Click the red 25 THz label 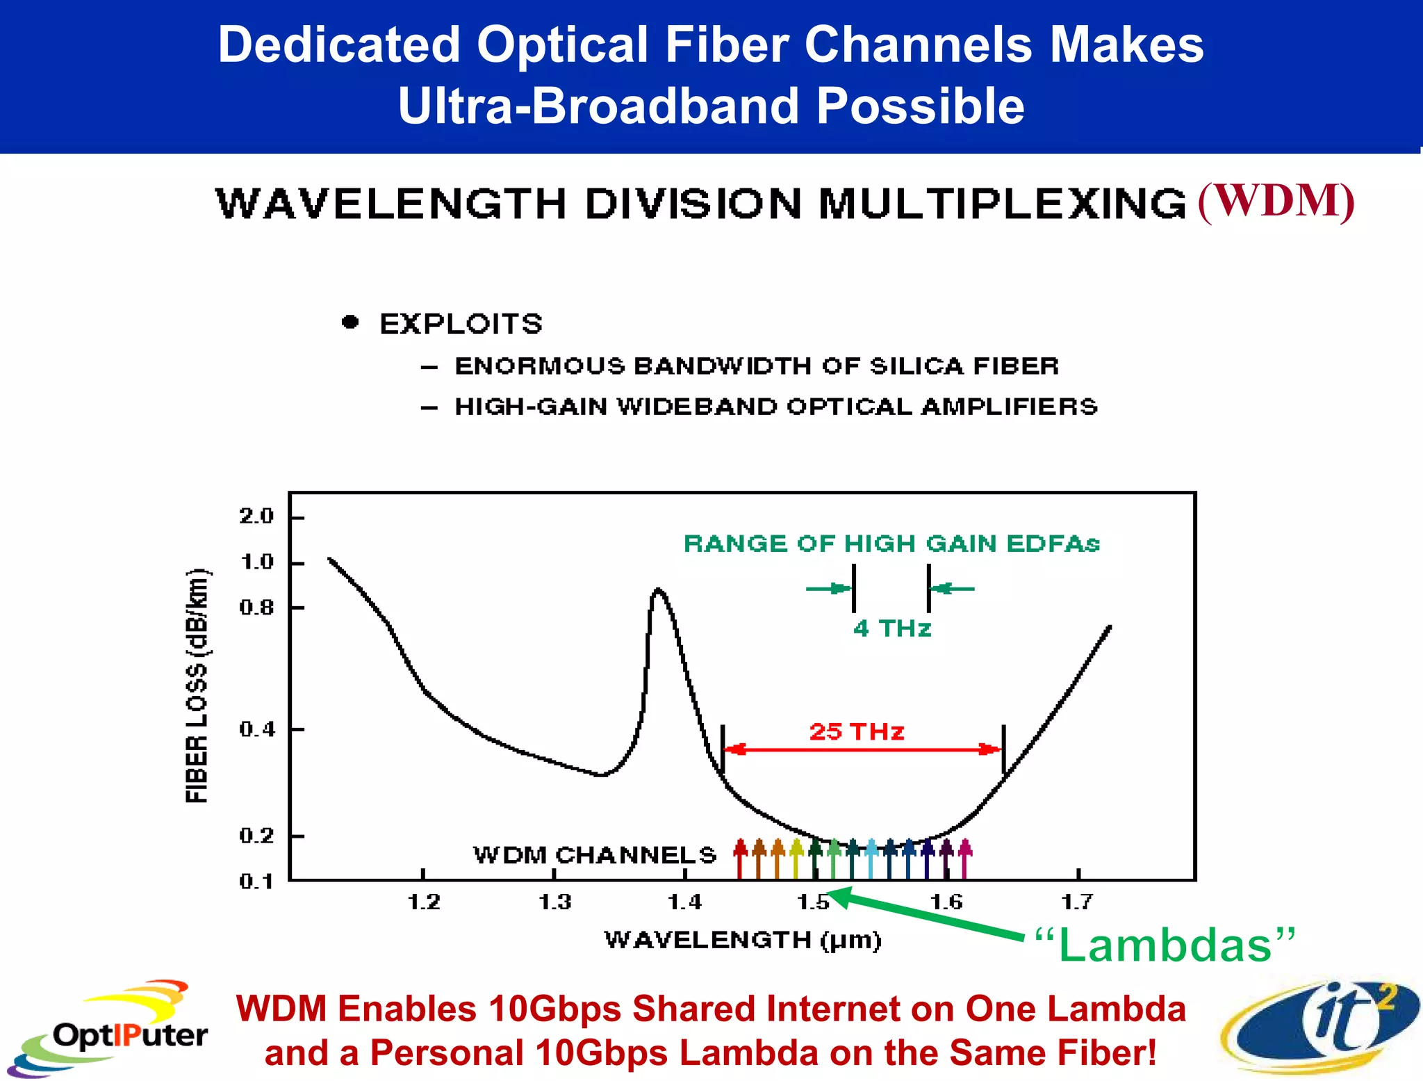856,731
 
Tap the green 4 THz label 891,628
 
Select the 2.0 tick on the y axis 256,517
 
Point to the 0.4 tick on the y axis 256,729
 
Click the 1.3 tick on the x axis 554,902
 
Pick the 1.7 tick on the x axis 1077,902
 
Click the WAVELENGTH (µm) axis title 742,940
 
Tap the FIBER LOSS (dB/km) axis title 197,685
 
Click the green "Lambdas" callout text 1165,945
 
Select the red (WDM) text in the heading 1276,202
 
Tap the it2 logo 1320,1026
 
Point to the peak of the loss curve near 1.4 658,592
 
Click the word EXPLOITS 461,324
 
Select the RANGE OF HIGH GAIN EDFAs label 891,544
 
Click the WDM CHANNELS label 594,854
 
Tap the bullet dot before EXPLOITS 351,322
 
